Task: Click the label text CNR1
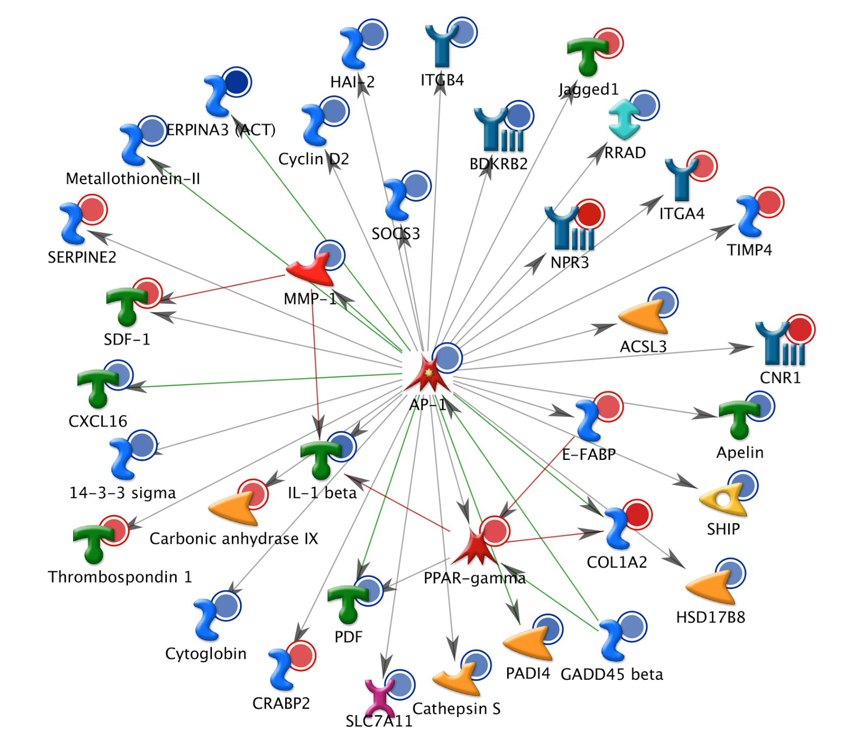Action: click(x=780, y=378)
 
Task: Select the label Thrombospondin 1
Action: click(x=120, y=577)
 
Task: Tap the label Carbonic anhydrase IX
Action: click(x=234, y=538)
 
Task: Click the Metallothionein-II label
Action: click(x=133, y=178)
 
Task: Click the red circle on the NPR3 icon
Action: click(x=589, y=215)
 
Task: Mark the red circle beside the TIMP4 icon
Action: click(x=768, y=203)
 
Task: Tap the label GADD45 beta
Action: click(x=612, y=674)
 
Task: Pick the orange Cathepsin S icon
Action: click(x=457, y=680)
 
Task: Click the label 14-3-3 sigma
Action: click(x=122, y=493)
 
